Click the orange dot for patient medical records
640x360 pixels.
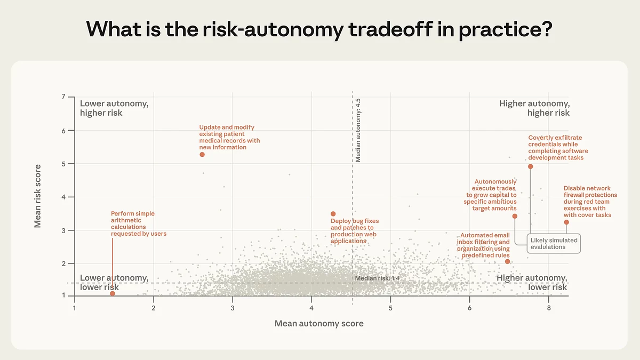click(202, 155)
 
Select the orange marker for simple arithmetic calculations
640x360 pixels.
click(113, 293)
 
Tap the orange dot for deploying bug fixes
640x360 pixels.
click(333, 214)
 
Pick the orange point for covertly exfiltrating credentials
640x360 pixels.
click(530, 166)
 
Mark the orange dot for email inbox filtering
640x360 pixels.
click(507, 261)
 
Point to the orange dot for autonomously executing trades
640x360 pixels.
click(515, 216)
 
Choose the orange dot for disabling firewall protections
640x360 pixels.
click(566, 222)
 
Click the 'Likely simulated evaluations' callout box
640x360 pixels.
click(554, 244)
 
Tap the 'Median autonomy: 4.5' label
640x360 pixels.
click(358, 130)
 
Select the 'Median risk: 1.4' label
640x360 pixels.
click(377, 279)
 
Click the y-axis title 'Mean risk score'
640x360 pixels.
click(38, 196)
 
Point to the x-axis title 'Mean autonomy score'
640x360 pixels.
click(319, 324)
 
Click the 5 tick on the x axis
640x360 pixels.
click(390, 308)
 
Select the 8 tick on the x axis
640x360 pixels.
click(548, 308)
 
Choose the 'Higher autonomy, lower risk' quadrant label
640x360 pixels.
click(532, 283)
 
